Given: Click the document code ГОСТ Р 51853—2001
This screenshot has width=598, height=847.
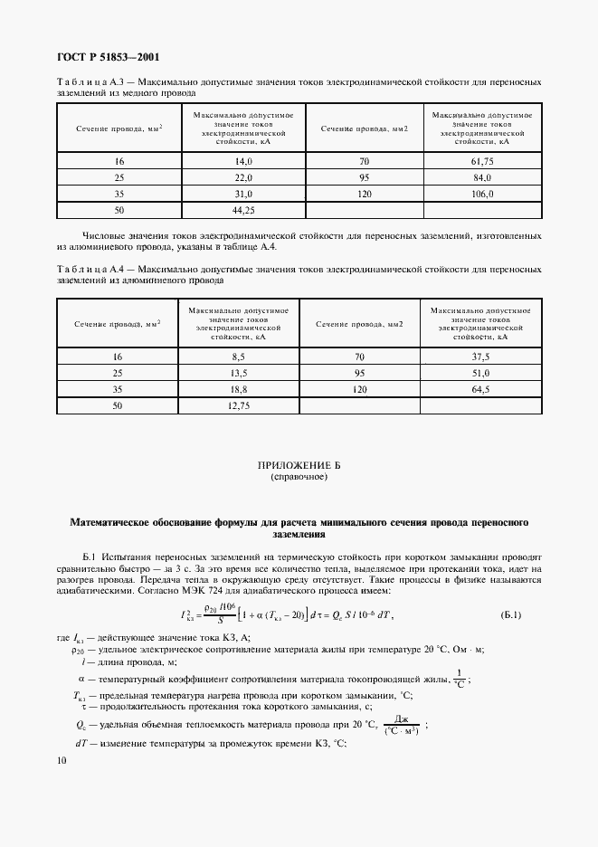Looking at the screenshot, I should click(x=108, y=56).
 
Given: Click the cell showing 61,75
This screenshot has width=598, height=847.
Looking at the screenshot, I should click(x=481, y=161).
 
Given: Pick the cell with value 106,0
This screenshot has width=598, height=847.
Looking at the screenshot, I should click(x=481, y=194).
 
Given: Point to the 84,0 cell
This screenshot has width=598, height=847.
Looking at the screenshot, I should click(x=481, y=177).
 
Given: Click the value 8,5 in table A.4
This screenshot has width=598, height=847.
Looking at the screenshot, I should click(x=240, y=357).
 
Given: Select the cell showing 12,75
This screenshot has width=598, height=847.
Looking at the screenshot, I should click(x=240, y=406).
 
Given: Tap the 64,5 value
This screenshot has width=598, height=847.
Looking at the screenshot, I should click(x=480, y=390).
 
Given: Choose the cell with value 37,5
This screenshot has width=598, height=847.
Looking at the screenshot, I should click(x=480, y=357).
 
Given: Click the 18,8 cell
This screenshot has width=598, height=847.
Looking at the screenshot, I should click(x=240, y=390).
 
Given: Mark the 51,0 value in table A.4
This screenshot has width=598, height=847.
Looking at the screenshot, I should click(x=480, y=374).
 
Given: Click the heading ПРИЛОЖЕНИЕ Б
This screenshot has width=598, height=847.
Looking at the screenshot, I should click(x=299, y=465).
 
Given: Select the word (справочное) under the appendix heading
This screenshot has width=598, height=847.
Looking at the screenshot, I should click(x=299, y=476).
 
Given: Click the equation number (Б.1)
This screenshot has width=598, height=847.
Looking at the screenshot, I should click(x=510, y=615).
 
